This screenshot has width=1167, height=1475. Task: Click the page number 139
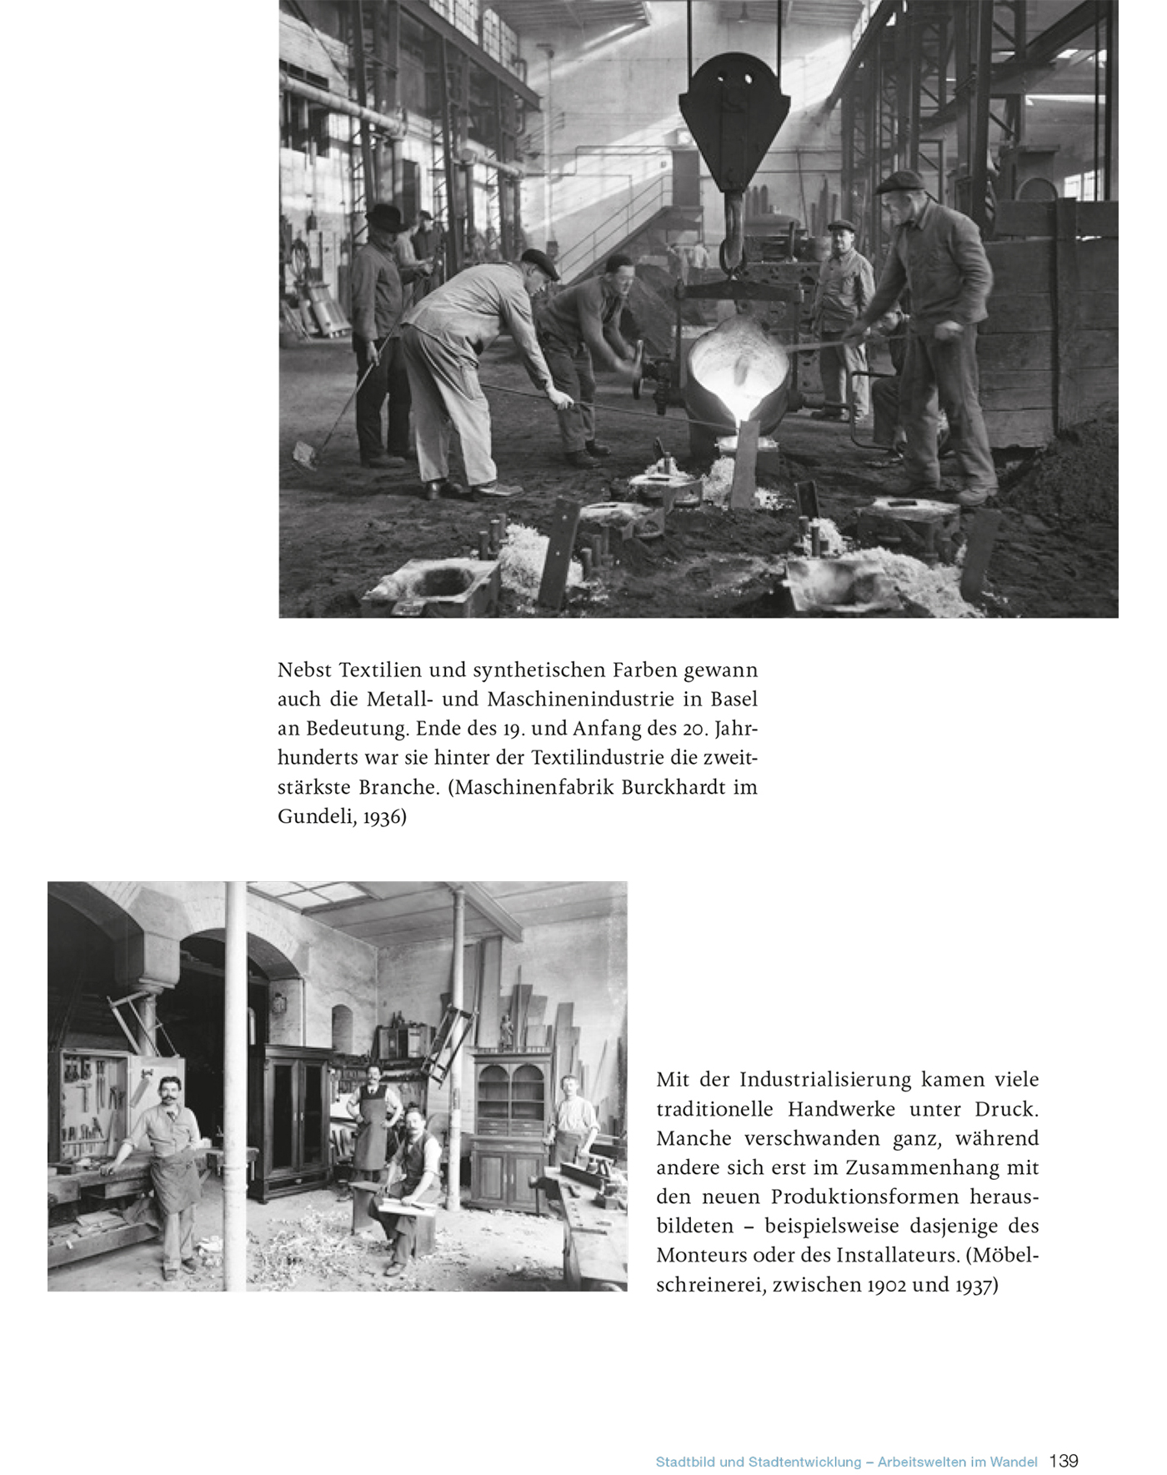(1064, 1461)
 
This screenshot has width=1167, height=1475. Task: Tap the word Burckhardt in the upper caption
(661, 787)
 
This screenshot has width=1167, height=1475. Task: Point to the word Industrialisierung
(825, 1080)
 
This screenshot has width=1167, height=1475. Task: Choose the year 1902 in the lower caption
(887, 1285)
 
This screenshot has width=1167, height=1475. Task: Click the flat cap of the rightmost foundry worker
(900, 181)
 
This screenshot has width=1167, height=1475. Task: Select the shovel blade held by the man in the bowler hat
(305, 454)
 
